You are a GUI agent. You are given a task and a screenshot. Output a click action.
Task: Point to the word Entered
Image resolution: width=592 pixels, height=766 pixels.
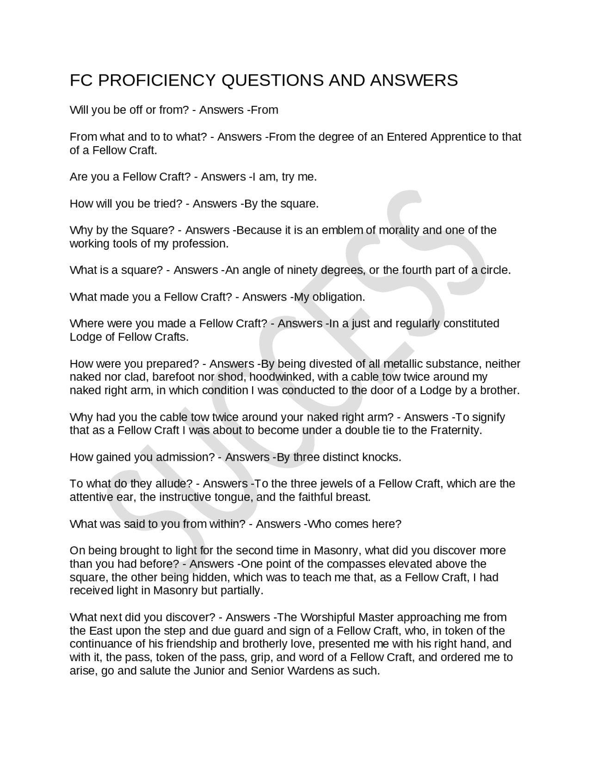tap(407, 137)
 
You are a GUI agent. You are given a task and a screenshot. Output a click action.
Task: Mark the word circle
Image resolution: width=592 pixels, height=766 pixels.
tap(495, 271)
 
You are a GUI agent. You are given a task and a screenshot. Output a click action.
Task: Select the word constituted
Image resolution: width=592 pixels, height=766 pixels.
tap(471, 323)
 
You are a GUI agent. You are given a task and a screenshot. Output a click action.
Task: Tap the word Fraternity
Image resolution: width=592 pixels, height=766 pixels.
tap(456, 431)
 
